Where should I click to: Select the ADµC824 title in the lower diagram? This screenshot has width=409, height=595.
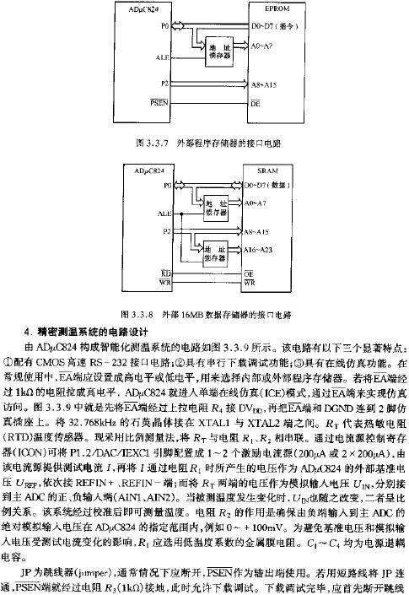[x=150, y=170]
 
